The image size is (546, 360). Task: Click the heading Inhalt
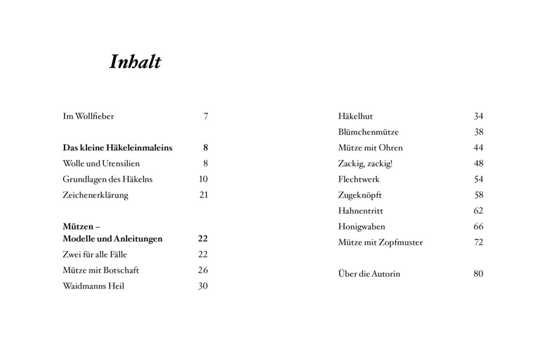[135, 62]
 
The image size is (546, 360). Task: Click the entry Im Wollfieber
[89, 116]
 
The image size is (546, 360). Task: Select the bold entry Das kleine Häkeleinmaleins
[117, 148]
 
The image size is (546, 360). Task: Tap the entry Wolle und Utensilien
[101, 164]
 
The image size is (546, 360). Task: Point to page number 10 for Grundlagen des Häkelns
[203, 179]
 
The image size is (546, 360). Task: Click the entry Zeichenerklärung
[95, 195]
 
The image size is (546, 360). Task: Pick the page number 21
[204, 195]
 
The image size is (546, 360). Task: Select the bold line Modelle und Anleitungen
[113, 239]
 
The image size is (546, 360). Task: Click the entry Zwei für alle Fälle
[95, 254]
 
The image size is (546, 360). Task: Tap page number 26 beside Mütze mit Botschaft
[203, 270]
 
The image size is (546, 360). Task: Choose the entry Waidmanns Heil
[93, 286]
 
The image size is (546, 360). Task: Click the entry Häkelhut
[355, 116]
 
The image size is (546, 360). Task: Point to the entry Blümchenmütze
[368, 132]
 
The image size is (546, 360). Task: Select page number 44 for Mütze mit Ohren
[478, 148]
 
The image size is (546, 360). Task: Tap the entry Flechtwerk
[359, 179]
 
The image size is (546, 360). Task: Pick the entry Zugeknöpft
[360, 195]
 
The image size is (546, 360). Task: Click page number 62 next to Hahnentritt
[478, 211]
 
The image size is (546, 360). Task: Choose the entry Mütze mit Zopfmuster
[380, 243]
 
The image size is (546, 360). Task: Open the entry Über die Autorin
[369, 274]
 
